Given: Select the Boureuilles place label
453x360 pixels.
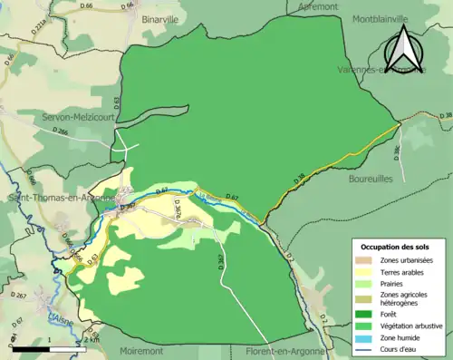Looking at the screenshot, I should coord(368,180).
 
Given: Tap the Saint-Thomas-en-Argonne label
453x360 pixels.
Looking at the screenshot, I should coord(62,198).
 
